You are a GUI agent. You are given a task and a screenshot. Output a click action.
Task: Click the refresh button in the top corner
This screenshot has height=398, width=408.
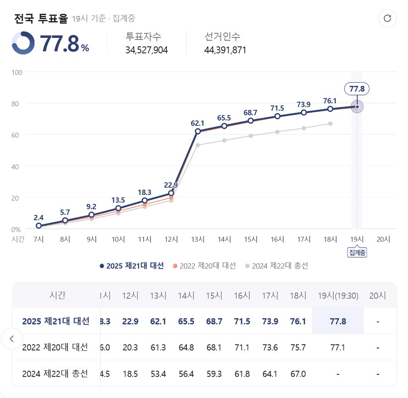pyautogui.click(x=387, y=18)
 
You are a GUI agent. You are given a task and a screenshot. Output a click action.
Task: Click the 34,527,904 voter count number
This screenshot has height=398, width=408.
pyautogui.click(x=146, y=50)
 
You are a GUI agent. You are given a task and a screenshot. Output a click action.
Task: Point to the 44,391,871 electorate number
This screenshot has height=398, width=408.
pyautogui.click(x=225, y=50)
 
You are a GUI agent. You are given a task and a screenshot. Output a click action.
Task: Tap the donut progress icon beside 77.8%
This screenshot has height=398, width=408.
pyautogui.click(x=23, y=43)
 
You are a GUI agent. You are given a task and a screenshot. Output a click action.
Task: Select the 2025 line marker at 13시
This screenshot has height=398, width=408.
pyautogui.click(x=198, y=131)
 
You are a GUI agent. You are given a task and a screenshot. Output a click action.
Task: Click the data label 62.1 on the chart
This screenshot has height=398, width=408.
pyautogui.click(x=198, y=123)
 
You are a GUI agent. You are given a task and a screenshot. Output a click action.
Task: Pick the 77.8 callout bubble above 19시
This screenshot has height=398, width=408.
pyautogui.click(x=357, y=89)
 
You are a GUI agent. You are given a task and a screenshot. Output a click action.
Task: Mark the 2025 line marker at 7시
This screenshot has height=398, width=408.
pyautogui.click(x=39, y=226)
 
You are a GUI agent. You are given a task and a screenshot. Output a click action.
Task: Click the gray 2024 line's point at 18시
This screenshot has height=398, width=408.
pyautogui.click(x=330, y=124)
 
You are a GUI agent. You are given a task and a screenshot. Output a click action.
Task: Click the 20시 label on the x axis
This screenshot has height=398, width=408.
pyautogui.click(x=384, y=239)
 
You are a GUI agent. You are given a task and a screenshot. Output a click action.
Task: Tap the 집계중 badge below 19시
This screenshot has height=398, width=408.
pyautogui.click(x=357, y=253)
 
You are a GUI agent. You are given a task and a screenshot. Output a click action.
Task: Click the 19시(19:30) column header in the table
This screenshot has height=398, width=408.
pyautogui.click(x=338, y=295)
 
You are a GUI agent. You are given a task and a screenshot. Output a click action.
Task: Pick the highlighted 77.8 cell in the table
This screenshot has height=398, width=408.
pyautogui.click(x=338, y=321)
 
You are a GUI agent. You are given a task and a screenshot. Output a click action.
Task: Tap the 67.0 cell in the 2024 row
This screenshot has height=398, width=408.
pyautogui.click(x=297, y=374)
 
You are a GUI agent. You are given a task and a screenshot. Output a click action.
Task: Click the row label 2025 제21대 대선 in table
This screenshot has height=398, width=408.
pyautogui.click(x=56, y=321)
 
